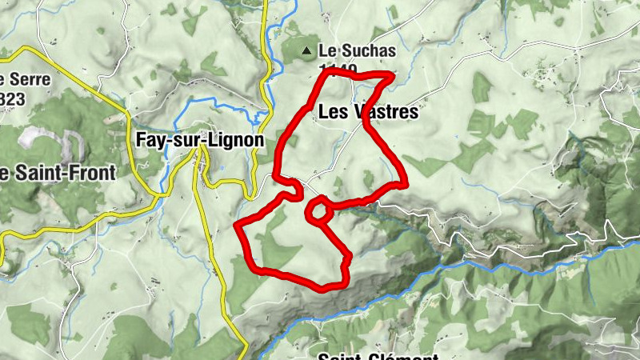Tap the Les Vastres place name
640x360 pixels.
point(368,112)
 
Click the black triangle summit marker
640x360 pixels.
point(306,52)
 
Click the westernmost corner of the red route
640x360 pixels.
point(237,227)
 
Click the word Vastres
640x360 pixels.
point(386,112)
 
